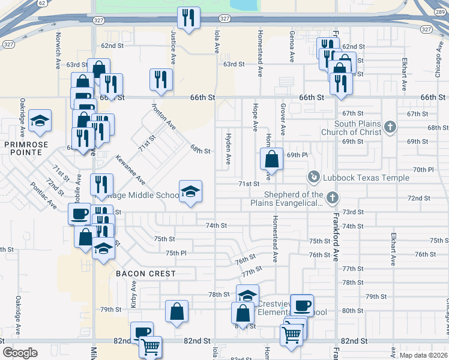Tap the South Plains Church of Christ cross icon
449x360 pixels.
(x=390, y=127)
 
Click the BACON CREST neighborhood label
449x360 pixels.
(x=146, y=274)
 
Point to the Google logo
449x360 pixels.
(x=20, y=353)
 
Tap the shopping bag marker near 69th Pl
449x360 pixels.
(x=272, y=160)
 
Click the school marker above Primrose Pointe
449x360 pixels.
(x=40, y=121)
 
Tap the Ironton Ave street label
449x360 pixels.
(x=163, y=116)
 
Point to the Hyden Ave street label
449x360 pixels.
(x=228, y=149)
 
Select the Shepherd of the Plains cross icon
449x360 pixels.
(x=332, y=197)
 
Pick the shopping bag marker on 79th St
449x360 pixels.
(x=176, y=311)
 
